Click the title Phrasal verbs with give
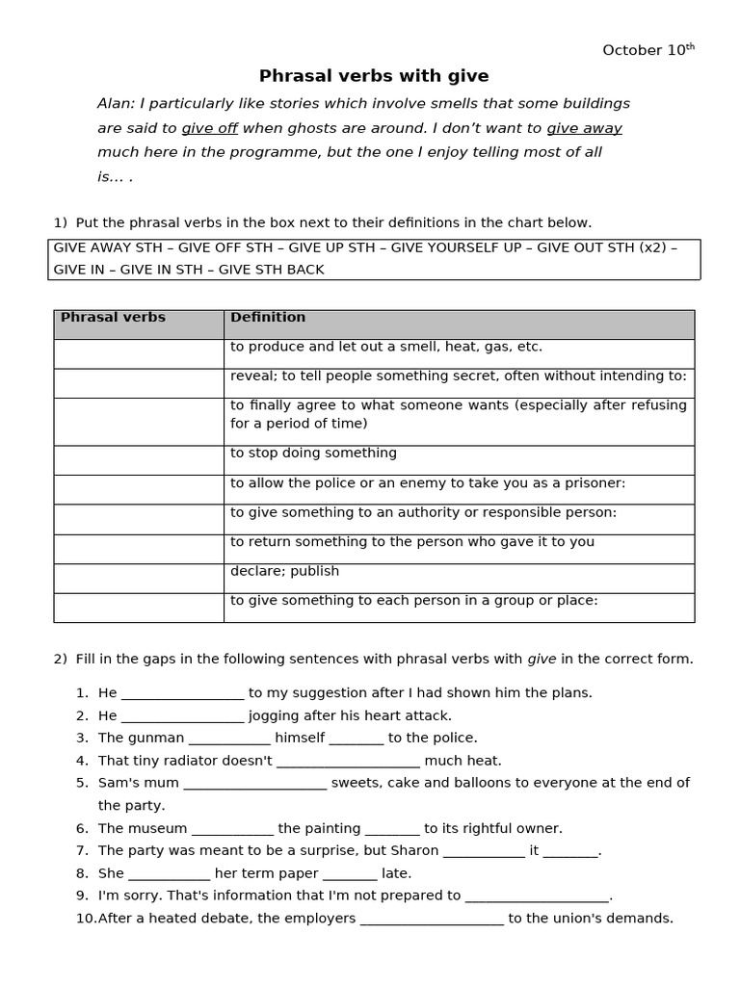pyautogui.click(x=374, y=76)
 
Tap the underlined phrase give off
pyautogui.click(x=209, y=128)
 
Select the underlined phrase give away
pyautogui.click(x=584, y=128)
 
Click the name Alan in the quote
pyautogui.click(x=115, y=104)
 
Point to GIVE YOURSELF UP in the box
pyautogui.click(x=455, y=247)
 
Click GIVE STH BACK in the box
pyautogui.click(x=271, y=270)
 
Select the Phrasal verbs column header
pyautogui.click(x=113, y=318)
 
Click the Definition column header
pyautogui.click(x=268, y=318)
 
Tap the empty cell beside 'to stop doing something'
pyautogui.click(x=139, y=460)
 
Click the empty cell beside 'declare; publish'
pyautogui.click(x=139, y=578)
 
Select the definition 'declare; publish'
pyautogui.click(x=284, y=571)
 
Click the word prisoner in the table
pyautogui.click(x=596, y=482)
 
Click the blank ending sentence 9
pyautogui.click(x=537, y=895)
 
